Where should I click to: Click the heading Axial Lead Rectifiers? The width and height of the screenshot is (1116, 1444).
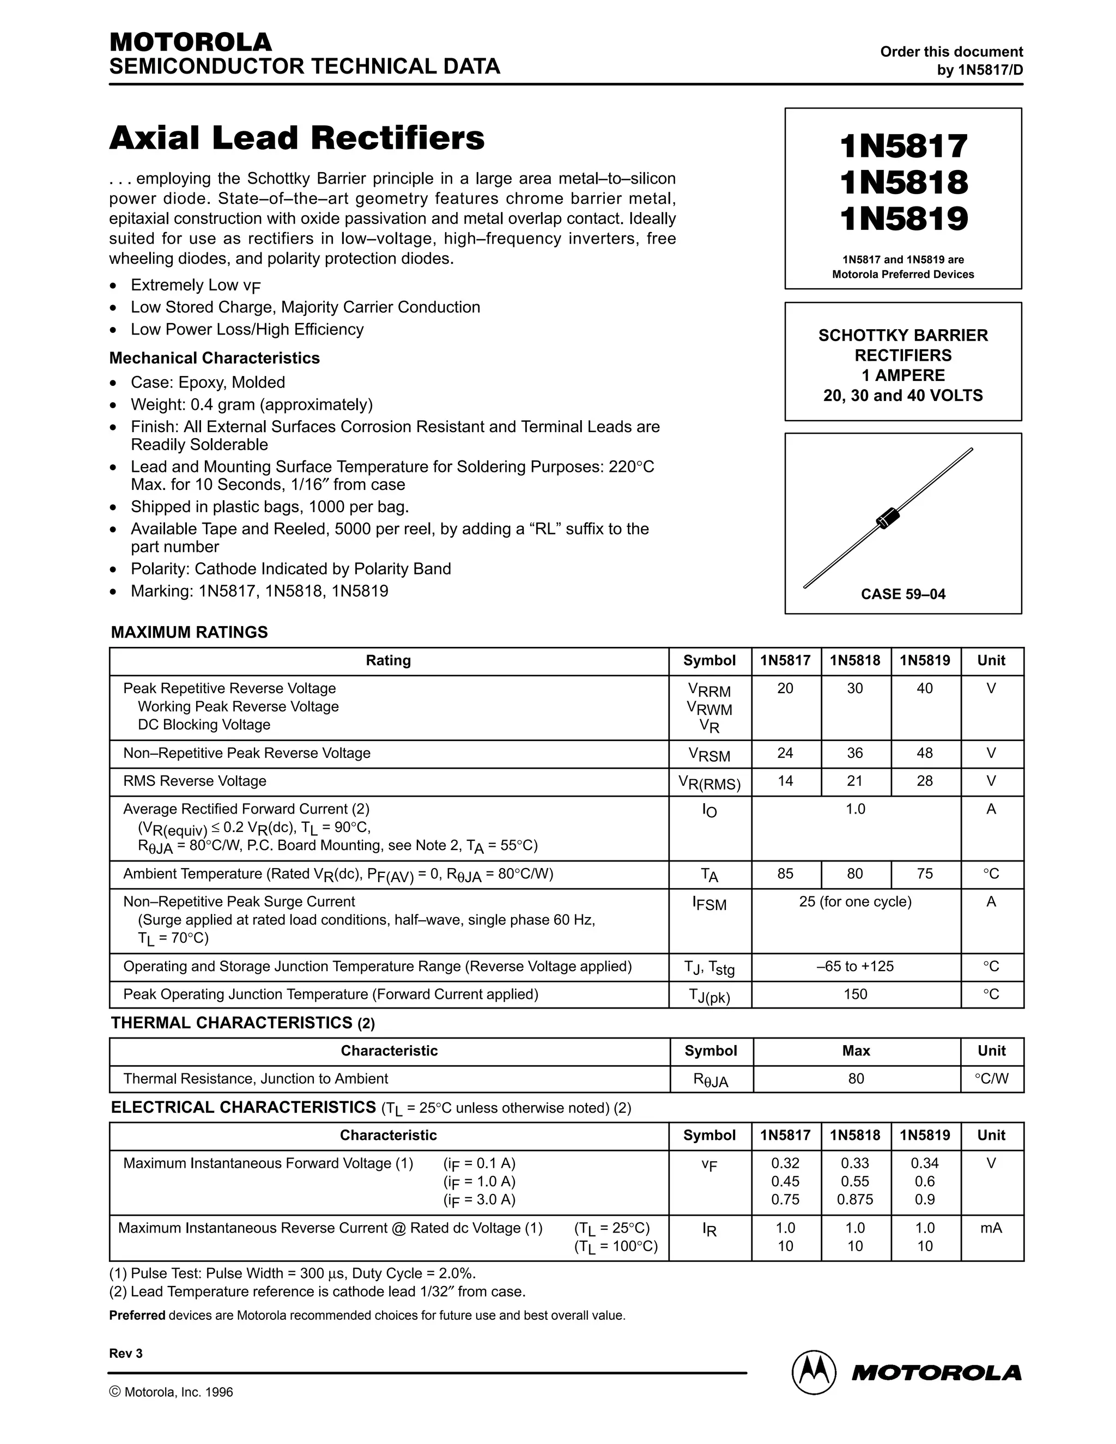[x=296, y=138]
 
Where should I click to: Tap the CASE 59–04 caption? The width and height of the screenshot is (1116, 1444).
[x=902, y=594]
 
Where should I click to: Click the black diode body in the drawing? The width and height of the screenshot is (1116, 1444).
[x=887, y=518]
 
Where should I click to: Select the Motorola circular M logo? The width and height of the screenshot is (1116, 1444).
[x=813, y=1373]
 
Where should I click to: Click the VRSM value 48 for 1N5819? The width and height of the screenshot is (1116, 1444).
[x=924, y=753]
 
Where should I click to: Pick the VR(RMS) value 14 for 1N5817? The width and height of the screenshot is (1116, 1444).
[x=785, y=781]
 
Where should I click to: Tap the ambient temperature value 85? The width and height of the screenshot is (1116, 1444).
[x=785, y=873]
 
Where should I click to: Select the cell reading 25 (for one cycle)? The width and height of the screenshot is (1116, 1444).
[x=855, y=902]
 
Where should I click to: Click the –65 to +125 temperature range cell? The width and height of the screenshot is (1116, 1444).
[x=855, y=966]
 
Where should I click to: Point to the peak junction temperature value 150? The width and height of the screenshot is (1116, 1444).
[x=855, y=994]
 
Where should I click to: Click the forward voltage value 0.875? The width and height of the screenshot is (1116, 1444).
[x=855, y=1199]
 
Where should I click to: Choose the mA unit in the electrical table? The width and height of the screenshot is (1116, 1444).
[x=991, y=1228]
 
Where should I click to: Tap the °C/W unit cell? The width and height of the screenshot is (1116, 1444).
[x=991, y=1078]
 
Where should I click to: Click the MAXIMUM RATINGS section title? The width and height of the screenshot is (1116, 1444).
[x=189, y=632]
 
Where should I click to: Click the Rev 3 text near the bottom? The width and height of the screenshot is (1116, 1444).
[x=126, y=1354]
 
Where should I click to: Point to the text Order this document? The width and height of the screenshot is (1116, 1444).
[x=951, y=52]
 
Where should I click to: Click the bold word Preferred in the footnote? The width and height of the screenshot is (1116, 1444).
[x=137, y=1315]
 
